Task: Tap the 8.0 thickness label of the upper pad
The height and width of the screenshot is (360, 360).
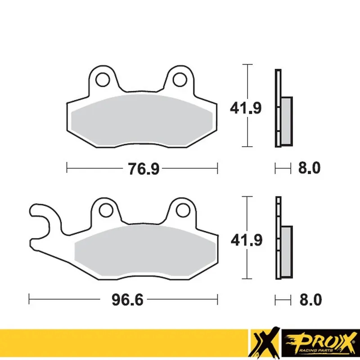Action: tap(309, 169)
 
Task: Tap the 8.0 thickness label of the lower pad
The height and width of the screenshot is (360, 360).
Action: tap(309, 299)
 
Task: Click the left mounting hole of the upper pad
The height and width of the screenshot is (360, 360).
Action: tap(103, 78)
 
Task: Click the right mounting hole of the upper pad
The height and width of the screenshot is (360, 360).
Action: tap(179, 78)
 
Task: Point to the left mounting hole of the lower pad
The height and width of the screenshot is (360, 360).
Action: tap(106, 210)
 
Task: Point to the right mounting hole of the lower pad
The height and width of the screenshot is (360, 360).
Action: tap(182, 210)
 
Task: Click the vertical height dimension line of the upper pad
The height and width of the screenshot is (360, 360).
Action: tap(246, 106)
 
